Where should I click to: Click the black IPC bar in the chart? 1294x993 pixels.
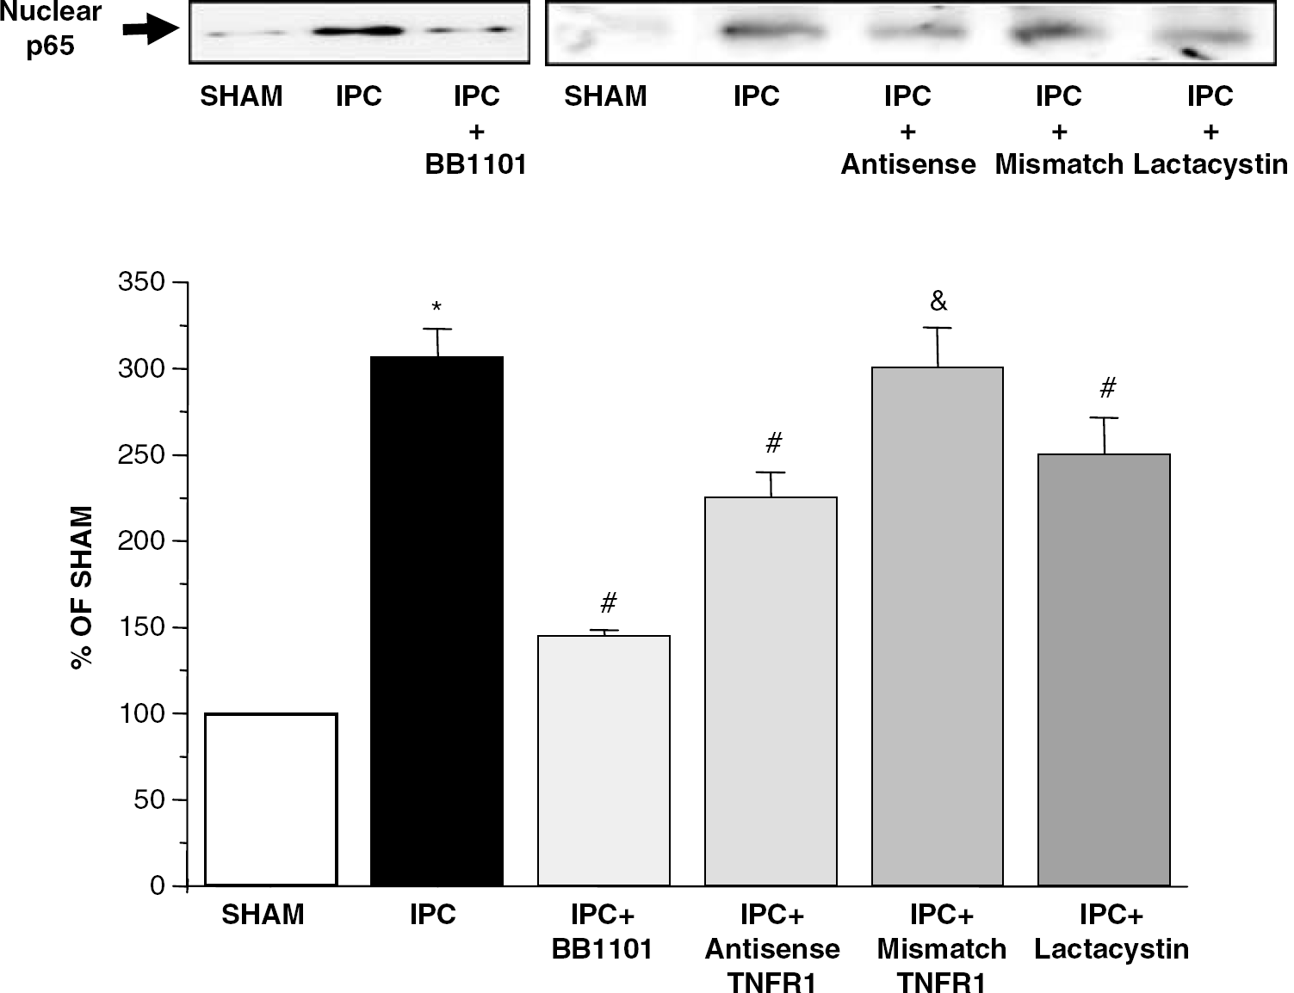click(436, 620)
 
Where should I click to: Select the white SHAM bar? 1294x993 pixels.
click(271, 799)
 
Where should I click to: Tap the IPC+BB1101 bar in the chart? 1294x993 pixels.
click(604, 761)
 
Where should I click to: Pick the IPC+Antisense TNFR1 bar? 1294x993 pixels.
click(771, 691)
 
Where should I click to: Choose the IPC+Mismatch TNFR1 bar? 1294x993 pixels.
click(938, 626)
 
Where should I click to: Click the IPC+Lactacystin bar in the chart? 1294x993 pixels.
click(1104, 670)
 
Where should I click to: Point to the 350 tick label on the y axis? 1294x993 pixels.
click(141, 281)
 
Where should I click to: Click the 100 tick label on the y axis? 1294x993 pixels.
click(142, 713)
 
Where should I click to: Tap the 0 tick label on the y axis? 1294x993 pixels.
click(158, 886)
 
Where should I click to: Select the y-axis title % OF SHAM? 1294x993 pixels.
click(82, 588)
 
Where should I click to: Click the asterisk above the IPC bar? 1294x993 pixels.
click(436, 307)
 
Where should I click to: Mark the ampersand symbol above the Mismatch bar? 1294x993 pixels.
click(938, 301)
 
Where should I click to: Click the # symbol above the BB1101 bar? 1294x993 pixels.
click(608, 602)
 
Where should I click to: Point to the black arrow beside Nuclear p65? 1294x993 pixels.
click(151, 28)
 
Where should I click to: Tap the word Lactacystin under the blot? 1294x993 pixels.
click(1210, 164)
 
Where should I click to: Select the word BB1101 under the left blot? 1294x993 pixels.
click(476, 164)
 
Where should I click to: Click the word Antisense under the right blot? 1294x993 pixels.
click(908, 164)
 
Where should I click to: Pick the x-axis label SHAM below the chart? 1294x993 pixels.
click(263, 914)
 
